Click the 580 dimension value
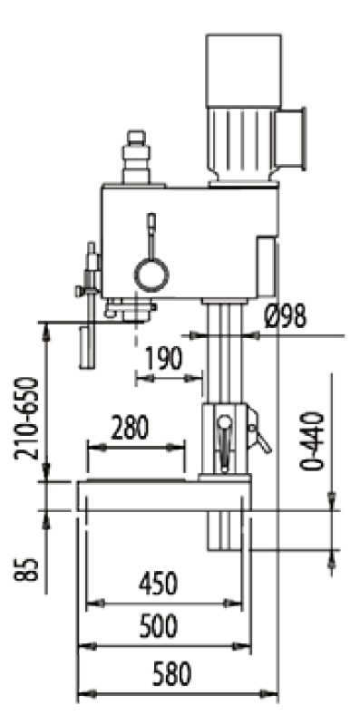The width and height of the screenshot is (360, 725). tap(171, 673)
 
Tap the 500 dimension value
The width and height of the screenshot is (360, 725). tap(159, 626)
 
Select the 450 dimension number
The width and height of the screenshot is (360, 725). tap(158, 584)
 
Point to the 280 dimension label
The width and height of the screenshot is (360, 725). tap(130, 428)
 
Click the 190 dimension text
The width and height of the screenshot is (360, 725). tap(164, 358)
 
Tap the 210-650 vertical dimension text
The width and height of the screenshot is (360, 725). tap(26, 419)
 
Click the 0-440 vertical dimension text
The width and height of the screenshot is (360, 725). tap(312, 440)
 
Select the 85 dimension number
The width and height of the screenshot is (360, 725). tap(26, 570)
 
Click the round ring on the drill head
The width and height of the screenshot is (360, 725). tap(151, 275)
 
